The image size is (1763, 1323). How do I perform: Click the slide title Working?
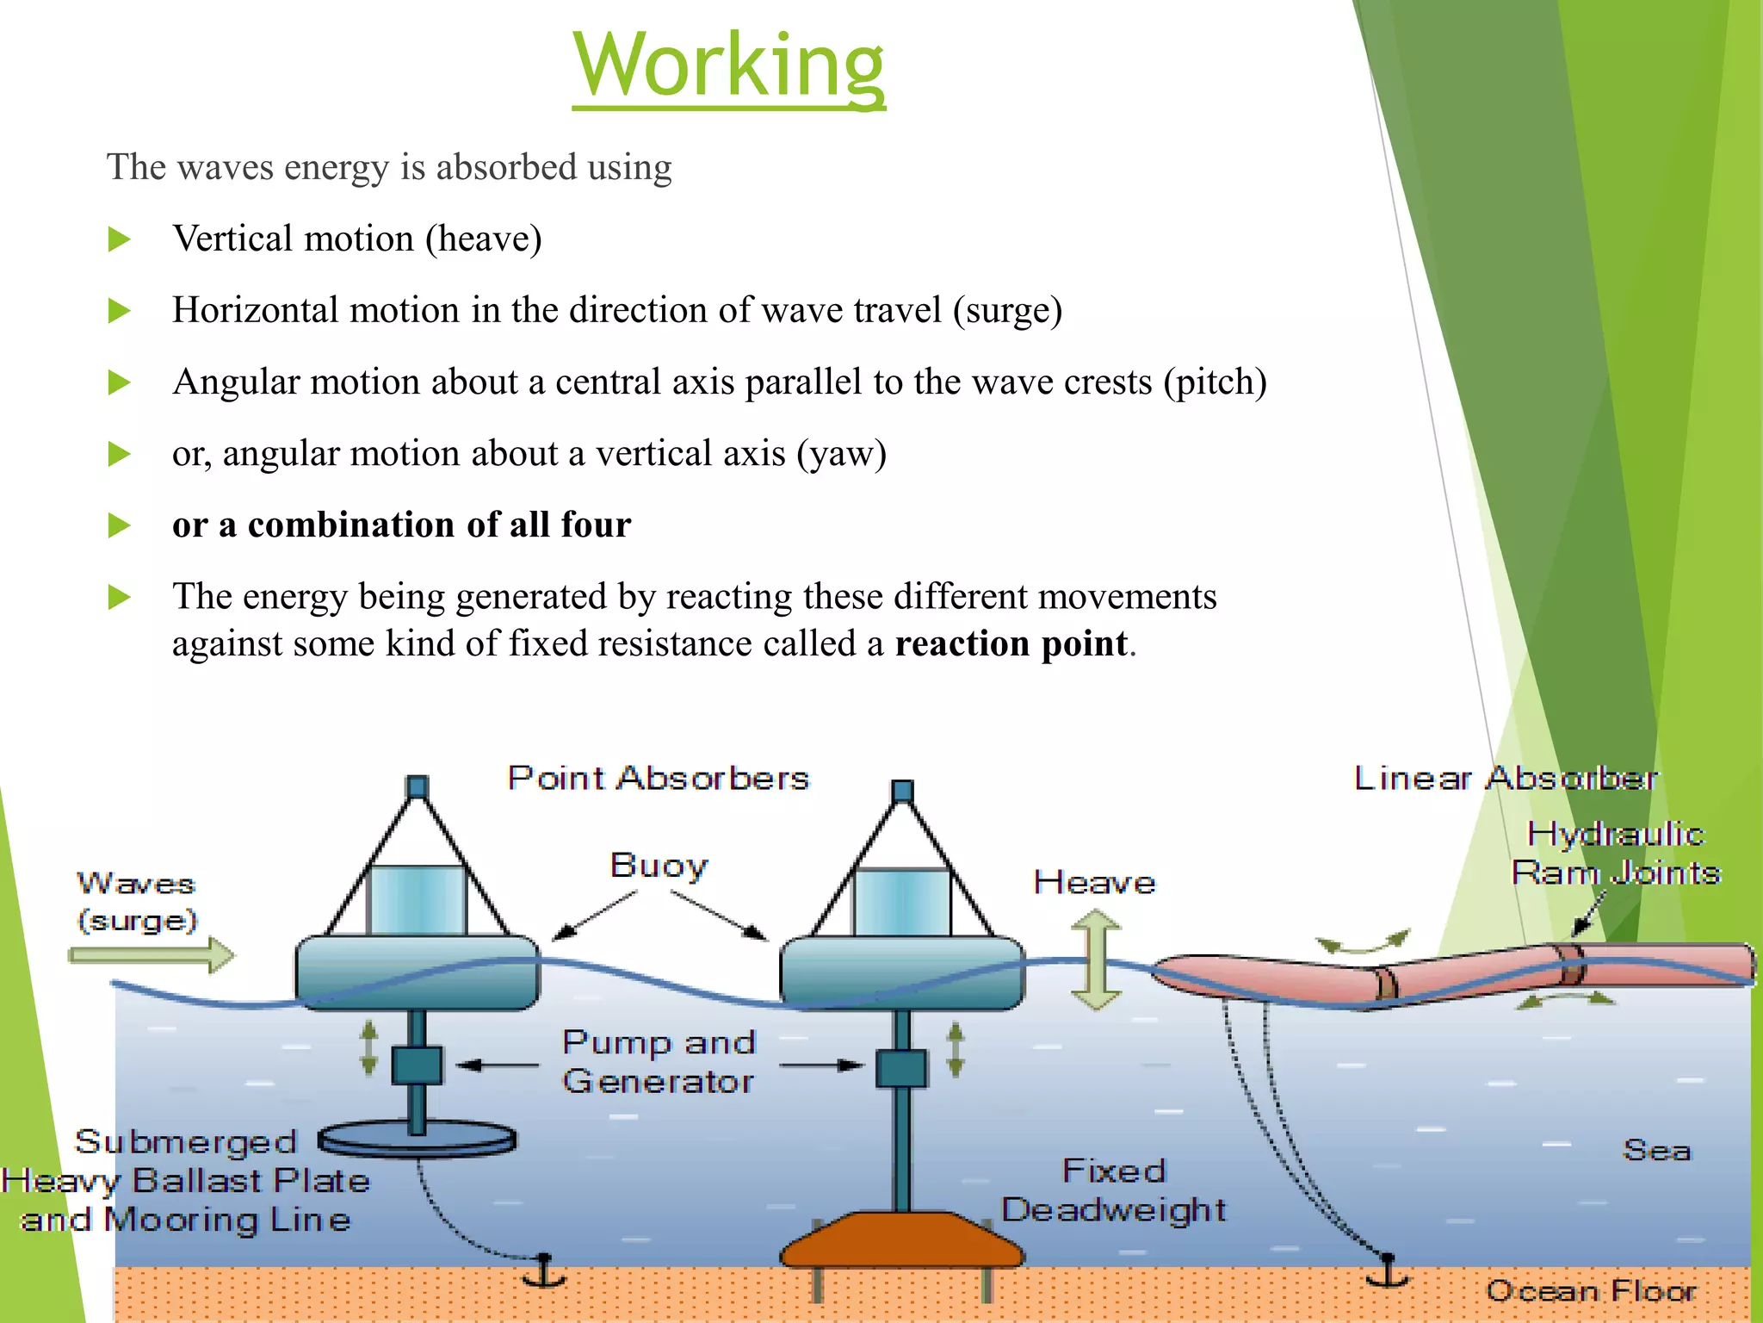[728, 65]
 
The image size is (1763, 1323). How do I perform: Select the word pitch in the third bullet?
[1215, 382]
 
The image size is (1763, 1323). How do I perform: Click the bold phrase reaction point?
[1011, 644]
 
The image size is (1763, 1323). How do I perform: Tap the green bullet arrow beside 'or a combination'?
[119, 525]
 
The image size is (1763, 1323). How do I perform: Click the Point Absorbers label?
[658, 779]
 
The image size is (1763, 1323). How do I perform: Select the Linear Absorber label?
[1505, 779]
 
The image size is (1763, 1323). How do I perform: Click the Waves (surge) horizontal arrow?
[151, 955]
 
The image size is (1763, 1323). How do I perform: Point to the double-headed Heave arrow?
[1095, 961]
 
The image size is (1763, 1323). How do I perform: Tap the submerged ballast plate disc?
[418, 1140]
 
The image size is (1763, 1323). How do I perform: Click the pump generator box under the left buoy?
[417, 1065]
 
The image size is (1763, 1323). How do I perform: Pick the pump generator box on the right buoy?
[901, 1068]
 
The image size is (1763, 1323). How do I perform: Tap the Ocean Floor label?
[1590, 1291]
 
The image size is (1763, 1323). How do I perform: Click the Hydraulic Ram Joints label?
[1615, 854]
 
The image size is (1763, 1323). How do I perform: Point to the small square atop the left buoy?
[418, 786]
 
